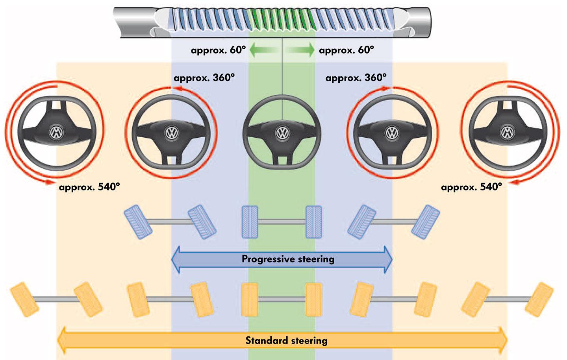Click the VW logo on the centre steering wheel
click(x=282, y=133)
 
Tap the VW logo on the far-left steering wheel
click(x=57, y=132)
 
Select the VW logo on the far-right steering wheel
click(x=507, y=132)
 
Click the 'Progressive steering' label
click(x=288, y=259)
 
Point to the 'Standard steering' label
click(x=286, y=340)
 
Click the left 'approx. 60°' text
click(x=218, y=50)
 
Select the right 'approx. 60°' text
click(x=346, y=50)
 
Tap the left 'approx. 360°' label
click(x=204, y=78)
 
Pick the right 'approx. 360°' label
click(x=356, y=78)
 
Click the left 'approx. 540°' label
click(x=89, y=187)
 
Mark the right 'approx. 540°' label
click(x=471, y=187)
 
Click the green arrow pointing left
click(x=263, y=50)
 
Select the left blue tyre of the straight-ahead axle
click(x=250, y=222)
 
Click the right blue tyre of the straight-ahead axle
click(x=314, y=222)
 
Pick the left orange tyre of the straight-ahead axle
click(x=250, y=299)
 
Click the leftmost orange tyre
click(x=24, y=299)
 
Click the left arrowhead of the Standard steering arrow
click(x=63, y=340)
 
